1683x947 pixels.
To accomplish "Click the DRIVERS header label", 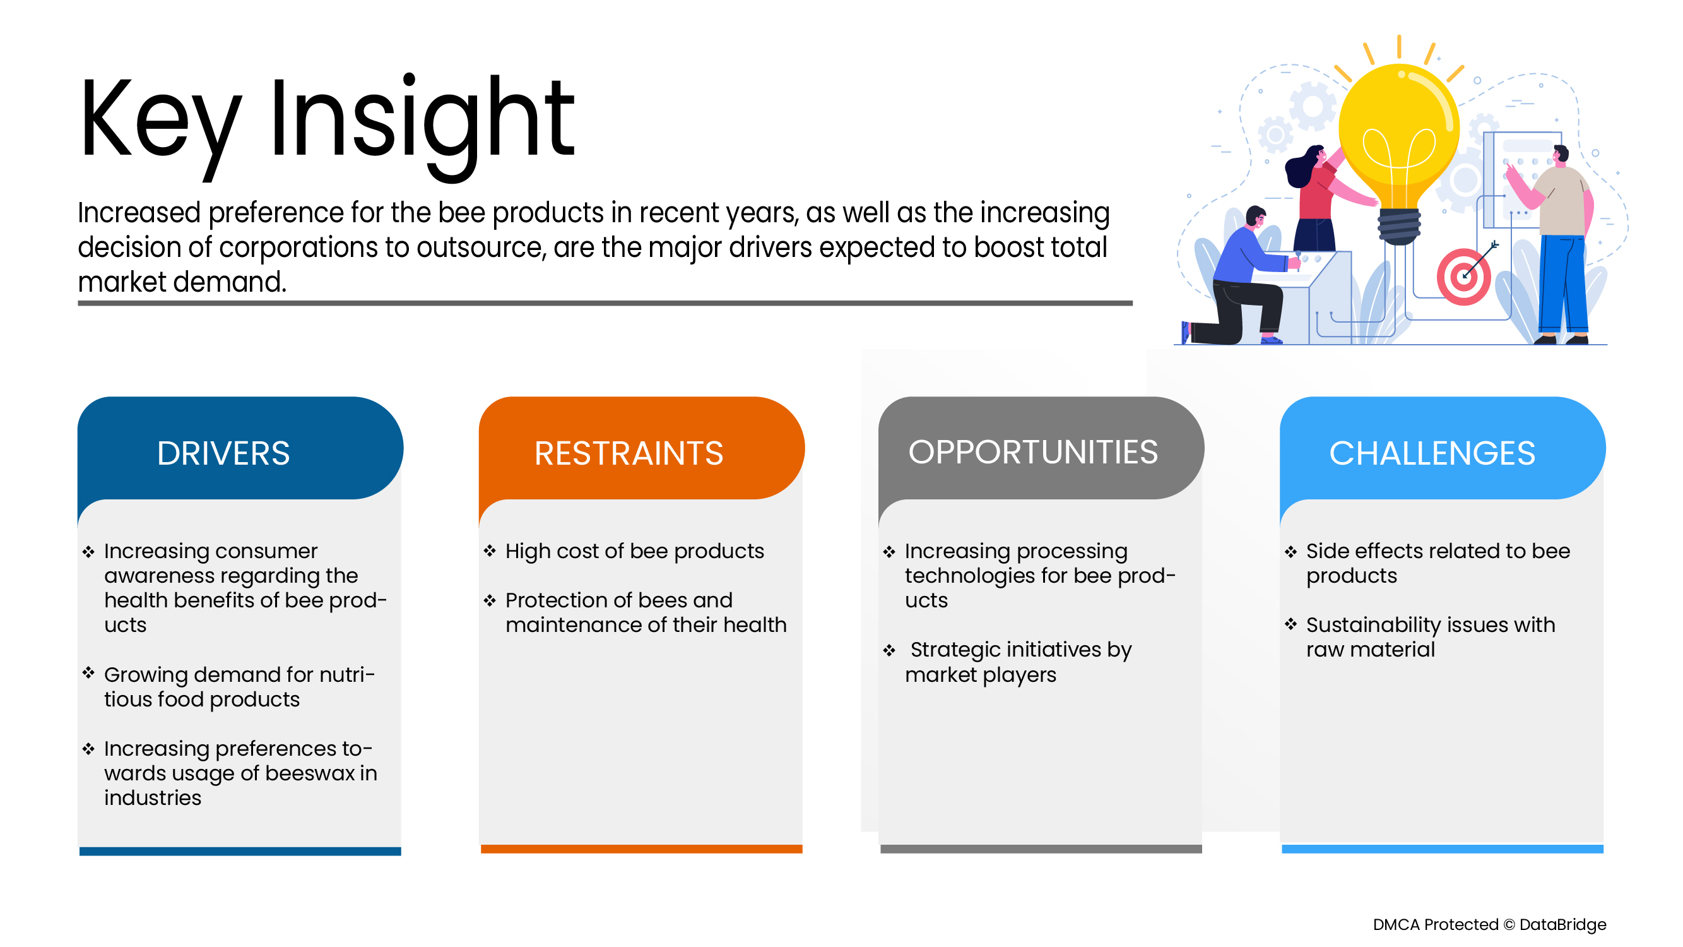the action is (x=223, y=453).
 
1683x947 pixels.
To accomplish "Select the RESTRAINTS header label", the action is (x=629, y=453).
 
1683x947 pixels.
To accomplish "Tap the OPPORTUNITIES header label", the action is (x=1033, y=451).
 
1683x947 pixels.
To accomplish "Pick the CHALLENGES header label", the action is (x=1431, y=453).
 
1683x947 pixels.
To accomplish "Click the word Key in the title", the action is (x=160, y=121).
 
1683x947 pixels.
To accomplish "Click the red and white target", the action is (x=1463, y=277).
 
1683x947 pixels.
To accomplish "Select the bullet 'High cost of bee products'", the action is (x=634, y=551).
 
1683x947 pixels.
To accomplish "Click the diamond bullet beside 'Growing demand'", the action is (x=88, y=672).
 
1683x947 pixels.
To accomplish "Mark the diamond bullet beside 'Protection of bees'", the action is (x=489, y=600).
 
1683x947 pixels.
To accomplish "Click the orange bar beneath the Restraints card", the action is (x=641, y=849).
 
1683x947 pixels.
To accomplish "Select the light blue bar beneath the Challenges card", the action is (x=1442, y=849).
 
